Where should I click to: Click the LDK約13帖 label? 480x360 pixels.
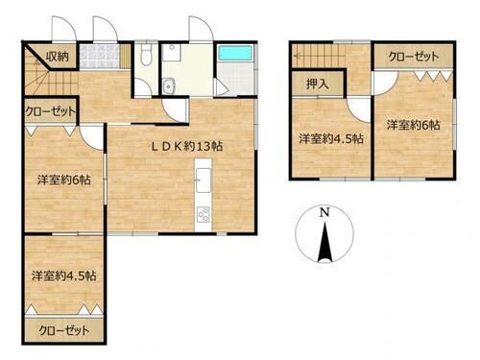(x=187, y=147)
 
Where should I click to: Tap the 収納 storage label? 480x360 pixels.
(x=58, y=57)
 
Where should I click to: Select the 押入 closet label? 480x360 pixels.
(x=317, y=84)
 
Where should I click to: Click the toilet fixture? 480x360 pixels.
(x=146, y=55)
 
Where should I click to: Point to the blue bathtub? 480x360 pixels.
(x=235, y=53)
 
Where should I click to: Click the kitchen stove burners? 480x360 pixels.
(x=204, y=214)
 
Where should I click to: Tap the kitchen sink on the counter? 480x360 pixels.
(x=204, y=180)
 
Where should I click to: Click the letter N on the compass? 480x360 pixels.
(x=324, y=212)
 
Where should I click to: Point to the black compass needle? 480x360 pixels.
(x=324, y=242)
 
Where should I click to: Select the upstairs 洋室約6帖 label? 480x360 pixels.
(x=414, y=125)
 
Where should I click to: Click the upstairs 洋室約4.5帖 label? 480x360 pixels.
(x=331, y=138)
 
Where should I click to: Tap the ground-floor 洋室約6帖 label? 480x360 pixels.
(x=64, y=180)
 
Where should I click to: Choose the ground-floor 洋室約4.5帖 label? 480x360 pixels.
(x=64, y=276)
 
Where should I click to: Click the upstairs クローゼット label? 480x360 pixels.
(x=414, y=57)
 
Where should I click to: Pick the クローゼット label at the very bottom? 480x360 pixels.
(x=64, y=330)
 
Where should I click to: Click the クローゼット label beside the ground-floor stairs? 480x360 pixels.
(x=51, y=111)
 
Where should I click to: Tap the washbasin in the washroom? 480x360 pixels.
(x=168, y=86)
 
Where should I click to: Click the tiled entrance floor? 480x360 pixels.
(x=99, y=57)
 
